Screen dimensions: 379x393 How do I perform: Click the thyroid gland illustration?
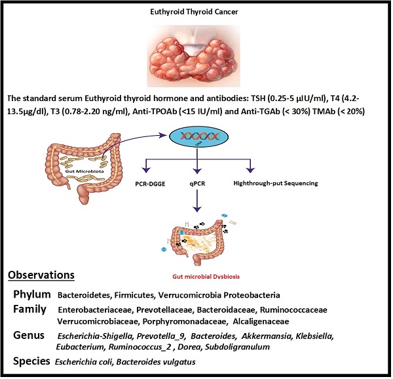(x=196, y=56)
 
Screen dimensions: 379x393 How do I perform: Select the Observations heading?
(x=41, y=274)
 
